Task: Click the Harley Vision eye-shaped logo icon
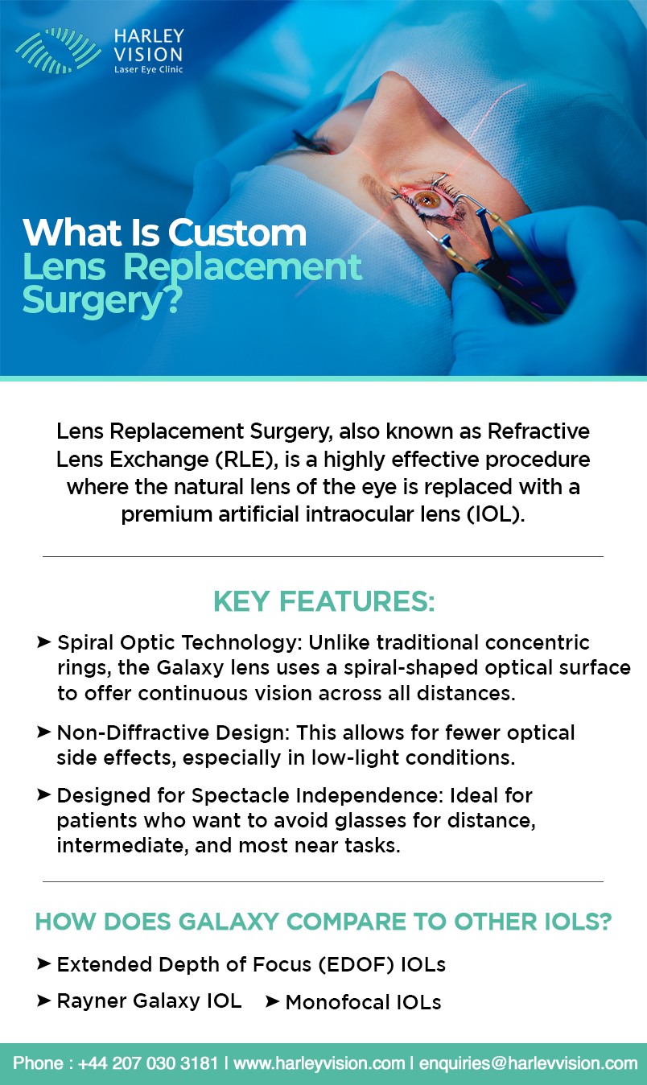(58, 51)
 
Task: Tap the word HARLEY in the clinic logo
(149, 36)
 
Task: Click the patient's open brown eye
(427, 200)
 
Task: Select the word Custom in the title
(237, 233)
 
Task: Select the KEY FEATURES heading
(324, 601)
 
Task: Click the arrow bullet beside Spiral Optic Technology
(43, 642)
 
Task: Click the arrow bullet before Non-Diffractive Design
(43, 732)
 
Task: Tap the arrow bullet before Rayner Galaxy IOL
(43, 1000)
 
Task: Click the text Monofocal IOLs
(363, 1002)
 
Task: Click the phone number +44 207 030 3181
(148, 1063)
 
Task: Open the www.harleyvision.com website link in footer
(319, 1063)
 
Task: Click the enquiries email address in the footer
(529, 1063)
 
